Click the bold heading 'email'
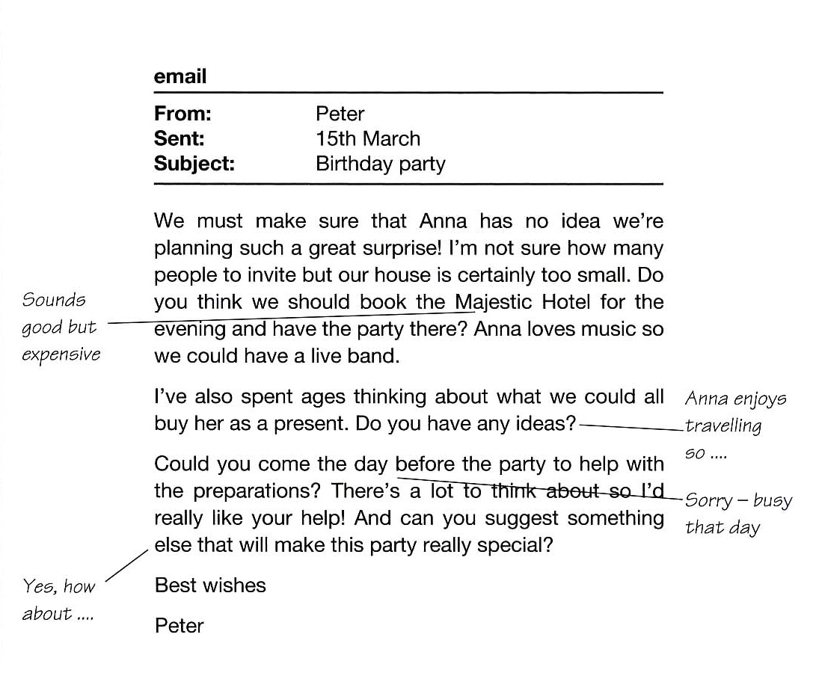pyautogui.click(x=180, y=76)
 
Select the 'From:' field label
pyautogui.click(x=182, y=114)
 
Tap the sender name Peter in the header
pyautogui.click(x=340, y=114)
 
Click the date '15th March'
pyautogui.click(x=368, y=138)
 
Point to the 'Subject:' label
pyautogui.click(x=194, y=164)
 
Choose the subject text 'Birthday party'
pyautogui.click(x=380, y=164)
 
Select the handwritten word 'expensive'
pyautogui.click(x=61, y=354)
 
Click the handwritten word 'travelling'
pyautogui.click(x=723, y=426)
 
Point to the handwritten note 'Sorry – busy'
pyautogui.click(x=738, y=500)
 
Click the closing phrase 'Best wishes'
pyautogui.click(x=210, y=585)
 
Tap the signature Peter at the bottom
pyautogui.click(x=179, y=625)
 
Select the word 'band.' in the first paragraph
pyautogui.click(x=374, y=356)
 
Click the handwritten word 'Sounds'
pyautogui.click(x=54, y=300)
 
